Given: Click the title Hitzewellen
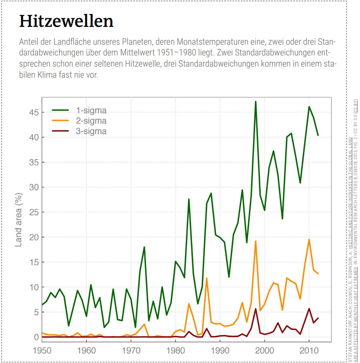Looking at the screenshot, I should [66, 21].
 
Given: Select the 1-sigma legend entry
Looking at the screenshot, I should [91, 110].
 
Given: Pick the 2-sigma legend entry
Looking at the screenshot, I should [91, 121].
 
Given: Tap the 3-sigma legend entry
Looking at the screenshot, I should [91, 131].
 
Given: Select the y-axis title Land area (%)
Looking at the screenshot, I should [19, 219].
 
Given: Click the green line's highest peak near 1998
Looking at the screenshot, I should [256, 101].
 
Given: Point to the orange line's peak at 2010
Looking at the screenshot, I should [309, 239].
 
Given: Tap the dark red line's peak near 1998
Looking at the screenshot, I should [256, 309].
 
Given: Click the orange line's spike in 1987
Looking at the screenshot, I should [206, 278].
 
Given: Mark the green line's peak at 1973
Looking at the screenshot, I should [144, 247].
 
